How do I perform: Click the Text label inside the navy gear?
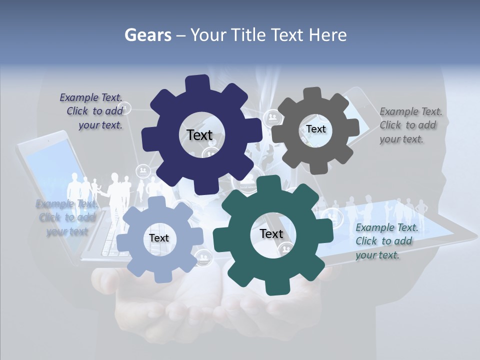pyautogui.click(x=199, y=135)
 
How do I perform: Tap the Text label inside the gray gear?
pyautogui.click(x=315, y=129)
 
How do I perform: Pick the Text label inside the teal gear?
pyautogui.click(x=271, y=234)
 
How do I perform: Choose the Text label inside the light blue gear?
pyautogui.click(x=159, y=238)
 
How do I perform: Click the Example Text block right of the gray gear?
pyautogui.click(x=410, y=125)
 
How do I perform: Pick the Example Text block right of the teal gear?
pyautogui.click(x=386, y=241)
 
